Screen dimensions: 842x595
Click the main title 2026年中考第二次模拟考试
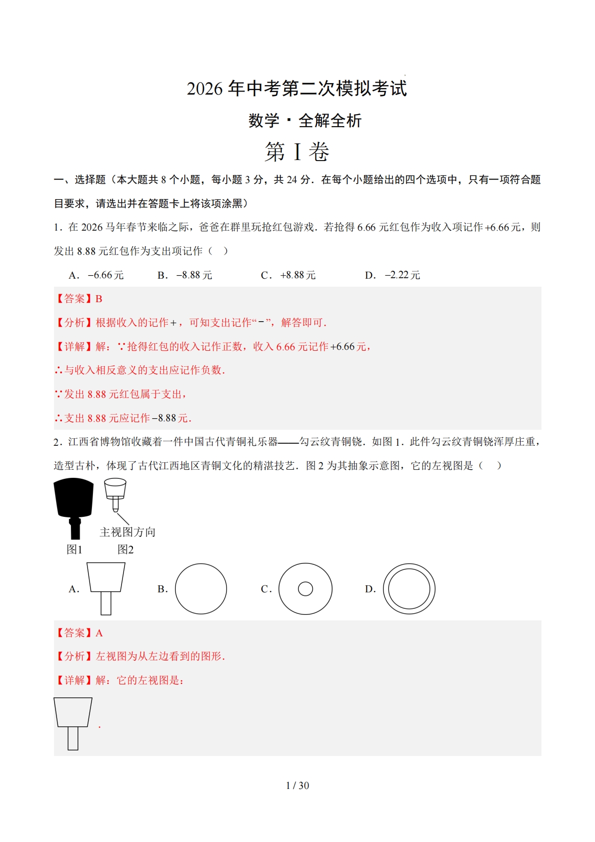coord(297,89)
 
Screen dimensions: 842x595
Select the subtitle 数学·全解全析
coord(305,121)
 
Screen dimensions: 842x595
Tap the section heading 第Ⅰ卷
coord(297,152)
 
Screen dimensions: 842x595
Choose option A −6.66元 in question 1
coord(96,275)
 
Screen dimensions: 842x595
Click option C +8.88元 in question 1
coord(288,275)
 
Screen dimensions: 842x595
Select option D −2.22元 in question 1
coord(393,275)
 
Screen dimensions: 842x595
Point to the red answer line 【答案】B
coord(78,299)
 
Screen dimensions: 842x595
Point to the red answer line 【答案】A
coord(78,633)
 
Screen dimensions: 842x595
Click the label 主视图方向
coord(127,532)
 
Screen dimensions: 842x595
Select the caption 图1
coord(74,549)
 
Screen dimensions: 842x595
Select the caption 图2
coord(125,549)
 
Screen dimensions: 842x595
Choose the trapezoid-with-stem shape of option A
coord(106,588)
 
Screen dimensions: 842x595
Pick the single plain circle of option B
coord(200,589)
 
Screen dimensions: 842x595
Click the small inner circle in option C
coord(305,589)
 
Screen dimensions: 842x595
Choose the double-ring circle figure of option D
coord(409,589)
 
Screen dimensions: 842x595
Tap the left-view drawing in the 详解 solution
coord(73,723)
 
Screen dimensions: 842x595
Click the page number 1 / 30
coord(297,785)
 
